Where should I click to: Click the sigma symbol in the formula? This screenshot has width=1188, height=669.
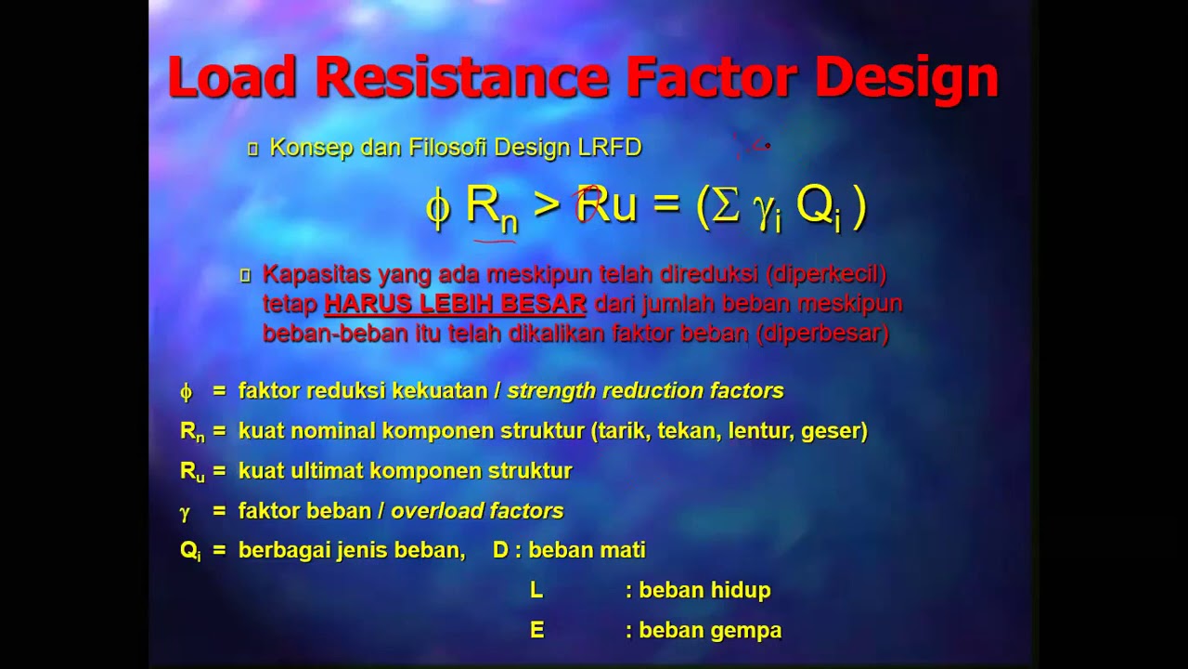point(725,205)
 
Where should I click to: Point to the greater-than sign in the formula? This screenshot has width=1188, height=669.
point(548,205)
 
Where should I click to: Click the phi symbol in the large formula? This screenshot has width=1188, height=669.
point(437,206)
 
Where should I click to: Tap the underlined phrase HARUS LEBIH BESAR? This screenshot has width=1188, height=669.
point(455,304)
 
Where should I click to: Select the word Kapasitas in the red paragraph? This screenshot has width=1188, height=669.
point(311,274)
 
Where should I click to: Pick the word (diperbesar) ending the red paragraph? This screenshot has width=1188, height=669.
point(822,334)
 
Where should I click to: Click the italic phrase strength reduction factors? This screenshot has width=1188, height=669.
point(645,391)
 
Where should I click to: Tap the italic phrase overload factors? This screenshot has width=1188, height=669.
point(477,511)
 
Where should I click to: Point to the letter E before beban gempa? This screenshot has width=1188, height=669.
point(536,631)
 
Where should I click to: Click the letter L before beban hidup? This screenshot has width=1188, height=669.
point(536,590)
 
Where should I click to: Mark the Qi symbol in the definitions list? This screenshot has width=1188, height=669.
point(190,551)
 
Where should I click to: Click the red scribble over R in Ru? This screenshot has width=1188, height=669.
point(588,203)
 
